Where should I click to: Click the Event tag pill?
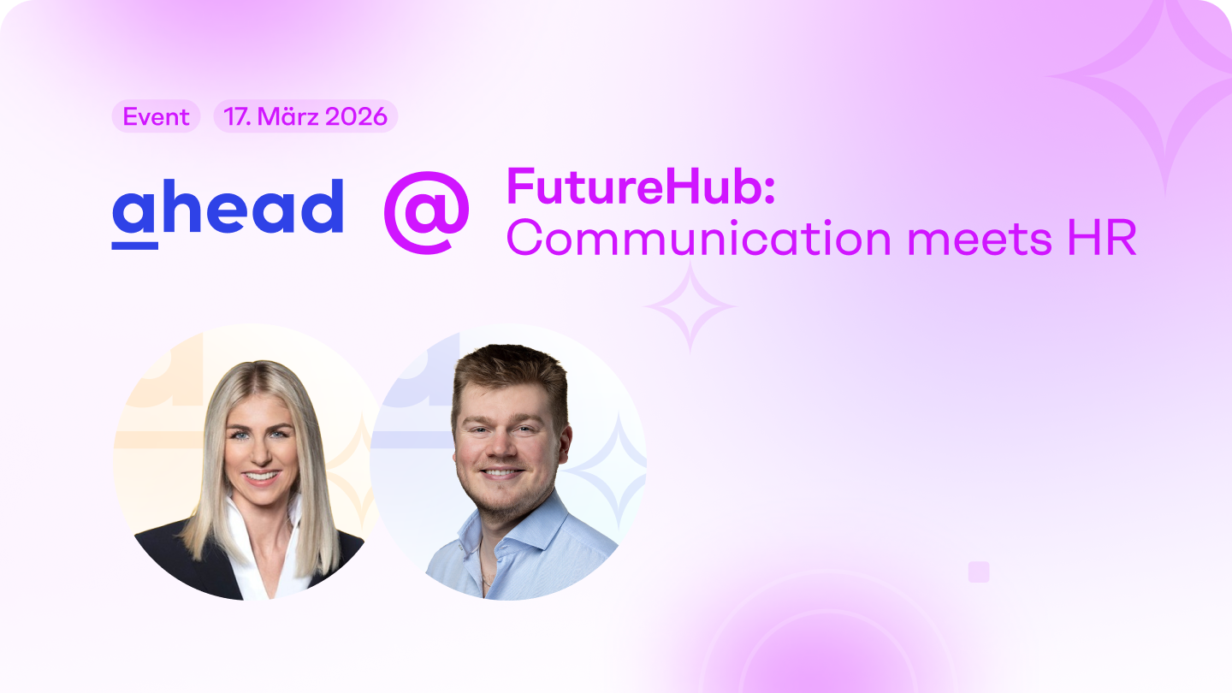[156, 116]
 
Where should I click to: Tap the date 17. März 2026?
[305, 116]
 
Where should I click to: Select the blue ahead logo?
[228, 210]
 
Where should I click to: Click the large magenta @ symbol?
[426, 212]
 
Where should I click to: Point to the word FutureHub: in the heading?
[641, 186]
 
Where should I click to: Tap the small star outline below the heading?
[690, 306]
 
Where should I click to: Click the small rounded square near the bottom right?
[979, 572]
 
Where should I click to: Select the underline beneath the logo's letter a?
[134, 246]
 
